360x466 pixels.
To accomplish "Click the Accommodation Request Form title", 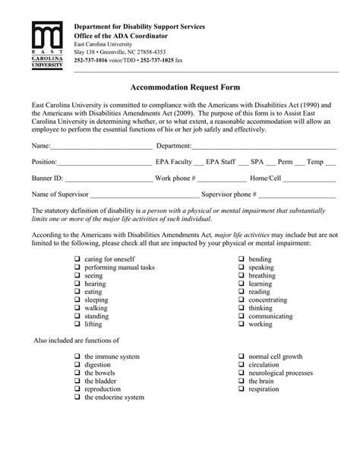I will click(x=179, y=87).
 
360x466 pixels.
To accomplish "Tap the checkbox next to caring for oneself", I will click(x=77, y=259).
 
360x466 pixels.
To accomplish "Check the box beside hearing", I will click(x=77, y=284).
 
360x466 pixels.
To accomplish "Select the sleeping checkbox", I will click(x=77, y=300).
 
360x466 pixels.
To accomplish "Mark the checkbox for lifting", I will click(x=77, y=324).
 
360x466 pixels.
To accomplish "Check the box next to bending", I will click(x=241, y=259).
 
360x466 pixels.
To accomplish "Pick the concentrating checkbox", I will click(x=241, y=300).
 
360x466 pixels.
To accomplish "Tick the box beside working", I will click(x=241, y=324).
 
